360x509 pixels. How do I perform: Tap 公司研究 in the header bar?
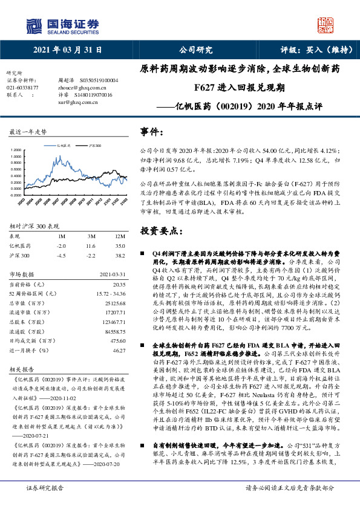(196, 50)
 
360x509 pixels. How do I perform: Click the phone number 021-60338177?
(23, 87)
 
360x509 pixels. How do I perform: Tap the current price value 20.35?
(119, 284)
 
